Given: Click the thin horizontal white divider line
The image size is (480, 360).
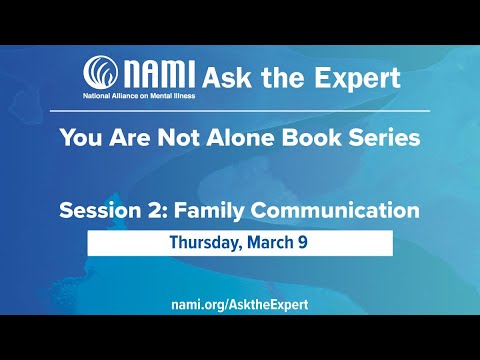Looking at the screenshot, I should [x=240, y=109].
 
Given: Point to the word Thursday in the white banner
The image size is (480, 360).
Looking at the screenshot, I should [x=208, y=242].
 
